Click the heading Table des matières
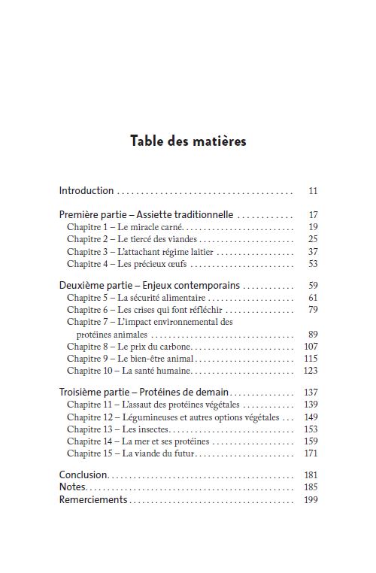pyautogui.click(x=188, y=141)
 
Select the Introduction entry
pyautogui.click(x=86, y=191)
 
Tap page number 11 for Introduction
pyautogui.click(x=313, y=191)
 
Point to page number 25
pyautogui.click(x=313, y=239)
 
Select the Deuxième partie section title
pyautogui.click(x=150, y=286)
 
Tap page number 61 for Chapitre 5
pyautogui.click(x=313, y=298)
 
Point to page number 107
pyautogui.click(x=311, y=347)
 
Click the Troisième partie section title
pyautogui.click(x=144, y=393)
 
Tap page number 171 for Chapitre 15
pyautogui.click(x=311, y=453)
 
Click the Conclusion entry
pyautogui.click(x=83, y=475)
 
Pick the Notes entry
pyautogui.click(x=73, y=487)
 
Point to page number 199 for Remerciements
pyautogui.click(x=311, y=500)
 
